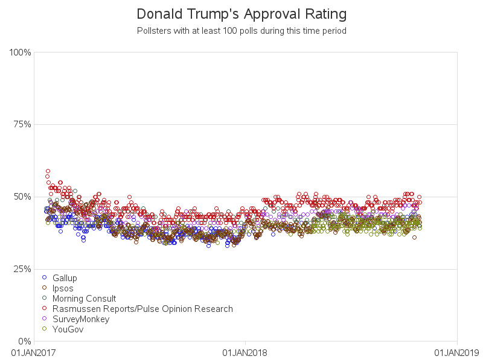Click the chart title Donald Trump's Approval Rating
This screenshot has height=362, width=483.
(x=241, y=14)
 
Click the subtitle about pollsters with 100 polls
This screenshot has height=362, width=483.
(x=241, y=30)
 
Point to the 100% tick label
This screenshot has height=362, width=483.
(x=20, y=52)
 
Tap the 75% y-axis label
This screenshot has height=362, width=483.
(x=22, y=124)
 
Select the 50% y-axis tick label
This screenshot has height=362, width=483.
(x=22, y=197)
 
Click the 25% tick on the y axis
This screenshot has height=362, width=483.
(x=22, y=268)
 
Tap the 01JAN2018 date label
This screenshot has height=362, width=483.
(x=245, y=352)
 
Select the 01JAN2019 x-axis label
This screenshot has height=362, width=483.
(x=456, y=352)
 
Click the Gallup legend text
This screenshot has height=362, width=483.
(x=65, y=278)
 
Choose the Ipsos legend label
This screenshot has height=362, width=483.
(x=63, y=288)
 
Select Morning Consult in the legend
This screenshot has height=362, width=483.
(x=84, y=299)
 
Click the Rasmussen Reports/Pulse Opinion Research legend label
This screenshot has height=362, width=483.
(x=142, y=309)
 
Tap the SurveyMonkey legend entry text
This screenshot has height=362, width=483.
(x=81, y=319)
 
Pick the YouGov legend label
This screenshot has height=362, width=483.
(x=67, y=329)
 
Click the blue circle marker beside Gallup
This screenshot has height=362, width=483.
(x=44, y=278)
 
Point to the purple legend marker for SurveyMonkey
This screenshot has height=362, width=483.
(x=44, y=319)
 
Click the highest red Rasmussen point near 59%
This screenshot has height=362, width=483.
(x=48, y=171)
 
